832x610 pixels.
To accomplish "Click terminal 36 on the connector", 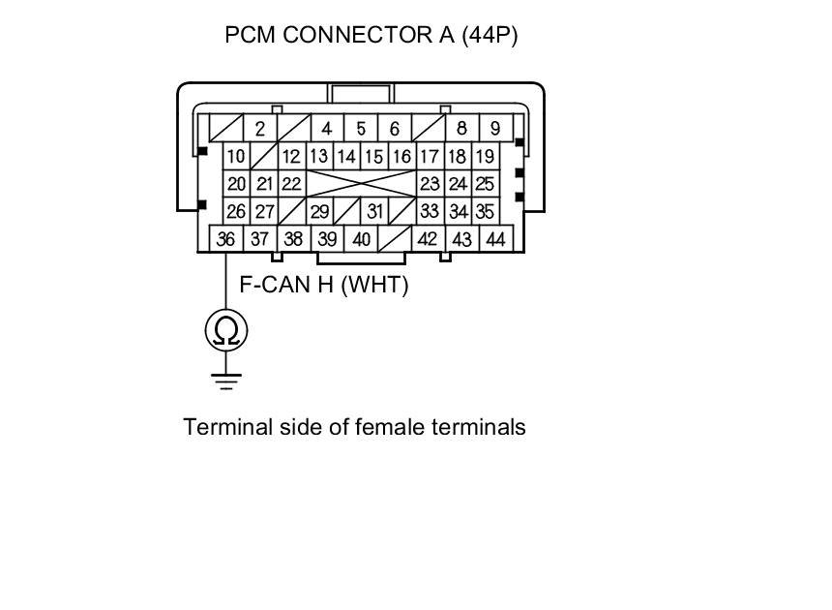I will [225, 239].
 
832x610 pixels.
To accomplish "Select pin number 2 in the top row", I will [259, 128].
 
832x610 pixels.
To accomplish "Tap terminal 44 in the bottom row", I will [495, 239].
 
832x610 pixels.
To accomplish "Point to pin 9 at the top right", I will [494, 128].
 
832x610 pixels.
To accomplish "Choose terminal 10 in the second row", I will [236, 156].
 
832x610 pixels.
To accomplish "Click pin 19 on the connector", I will [486, 156].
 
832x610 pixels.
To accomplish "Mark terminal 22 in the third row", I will [291, 184].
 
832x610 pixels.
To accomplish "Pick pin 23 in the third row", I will [430, 184].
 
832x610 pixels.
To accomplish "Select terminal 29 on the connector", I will [319, 211].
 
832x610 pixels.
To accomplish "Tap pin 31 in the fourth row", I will [374, 211].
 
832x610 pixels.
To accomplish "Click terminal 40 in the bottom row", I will [361, 239].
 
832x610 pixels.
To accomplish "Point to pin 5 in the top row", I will [361, 128].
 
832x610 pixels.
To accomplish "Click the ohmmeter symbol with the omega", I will [226, 331].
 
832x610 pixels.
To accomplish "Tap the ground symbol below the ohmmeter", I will [226, 380].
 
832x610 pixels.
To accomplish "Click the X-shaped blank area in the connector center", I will [361, 184].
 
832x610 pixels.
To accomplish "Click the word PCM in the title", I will [249, 36].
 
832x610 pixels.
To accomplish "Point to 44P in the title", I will [490, 36].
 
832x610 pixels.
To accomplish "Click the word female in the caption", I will [389, 427].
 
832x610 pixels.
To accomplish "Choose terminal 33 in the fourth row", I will [430, 211].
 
